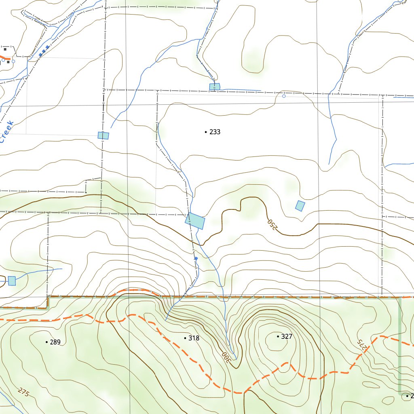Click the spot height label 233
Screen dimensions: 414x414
coord(215,132)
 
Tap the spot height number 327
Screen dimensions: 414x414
coord(286,336)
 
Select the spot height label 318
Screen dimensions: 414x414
coord(194,338)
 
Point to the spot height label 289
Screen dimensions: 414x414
coord(55,342)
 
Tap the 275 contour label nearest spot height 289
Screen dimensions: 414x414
coord(24,392)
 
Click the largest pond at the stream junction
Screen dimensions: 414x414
coord(195,221)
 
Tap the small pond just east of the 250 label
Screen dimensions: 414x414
coord(300,205)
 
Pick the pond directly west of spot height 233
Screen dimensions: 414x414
coord(103,135)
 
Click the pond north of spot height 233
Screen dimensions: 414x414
coord(215,87)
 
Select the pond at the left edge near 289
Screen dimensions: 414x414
coord(12,281)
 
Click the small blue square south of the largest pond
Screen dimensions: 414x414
coord(196,258)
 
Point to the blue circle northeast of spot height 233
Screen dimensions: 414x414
coord(284,96)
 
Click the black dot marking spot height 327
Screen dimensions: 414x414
coord(278,336)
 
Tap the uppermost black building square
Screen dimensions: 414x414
coord(5,49)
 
